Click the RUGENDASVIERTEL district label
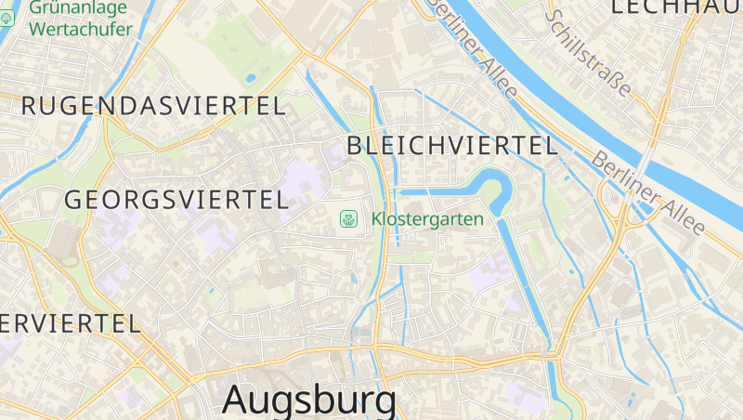coord(153,106)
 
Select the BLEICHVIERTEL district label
coord(452,145)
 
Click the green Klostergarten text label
coord(427,219)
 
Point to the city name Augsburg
coord(309,400)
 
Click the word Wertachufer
coord(80,28)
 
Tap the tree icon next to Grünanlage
coord(6,18)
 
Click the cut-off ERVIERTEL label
coord(70,323)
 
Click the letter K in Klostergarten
coord(377,219)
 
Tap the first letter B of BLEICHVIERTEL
coord(354,145)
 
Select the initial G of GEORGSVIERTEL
coord(72,199)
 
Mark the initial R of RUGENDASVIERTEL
coord(28,106)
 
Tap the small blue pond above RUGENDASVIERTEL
coord(250,79)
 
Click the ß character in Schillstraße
coord(614,81)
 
